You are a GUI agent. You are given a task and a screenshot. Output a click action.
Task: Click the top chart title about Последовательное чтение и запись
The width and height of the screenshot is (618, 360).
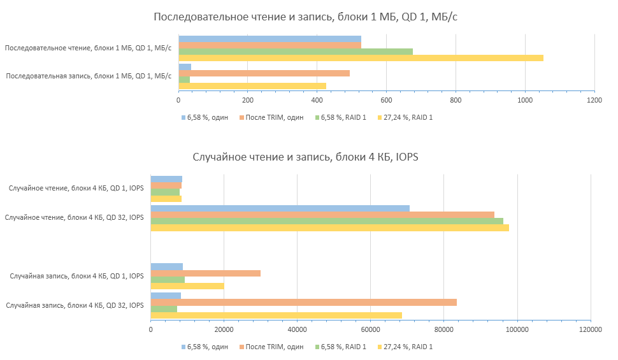(x=305, y=17)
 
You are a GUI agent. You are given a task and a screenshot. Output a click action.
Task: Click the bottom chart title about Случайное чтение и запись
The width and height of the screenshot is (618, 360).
(x=305, y=157)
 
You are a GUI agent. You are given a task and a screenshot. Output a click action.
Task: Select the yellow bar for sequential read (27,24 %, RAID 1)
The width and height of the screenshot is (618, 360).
(x=361, y=58)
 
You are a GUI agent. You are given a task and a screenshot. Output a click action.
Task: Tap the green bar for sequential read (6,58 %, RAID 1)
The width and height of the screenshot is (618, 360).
(x=295, y=51)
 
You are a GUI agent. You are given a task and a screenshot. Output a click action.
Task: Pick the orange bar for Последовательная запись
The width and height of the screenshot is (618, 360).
(x=264, y=73)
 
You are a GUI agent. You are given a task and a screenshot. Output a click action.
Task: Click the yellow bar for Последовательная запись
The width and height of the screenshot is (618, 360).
(x=252, y=86)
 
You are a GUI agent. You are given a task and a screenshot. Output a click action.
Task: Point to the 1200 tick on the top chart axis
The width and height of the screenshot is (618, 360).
(x=594, y=101)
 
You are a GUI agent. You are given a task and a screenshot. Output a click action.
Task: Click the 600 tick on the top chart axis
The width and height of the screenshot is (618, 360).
(x=386, y=101)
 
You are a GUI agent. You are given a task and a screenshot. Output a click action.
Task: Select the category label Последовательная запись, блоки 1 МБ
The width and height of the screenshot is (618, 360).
(x=89, y=76)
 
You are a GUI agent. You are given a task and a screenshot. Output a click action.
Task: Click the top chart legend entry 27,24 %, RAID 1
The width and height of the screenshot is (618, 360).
(x=407, y=117)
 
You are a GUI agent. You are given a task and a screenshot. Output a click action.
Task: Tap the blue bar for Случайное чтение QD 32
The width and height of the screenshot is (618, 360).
(x=280, y=208)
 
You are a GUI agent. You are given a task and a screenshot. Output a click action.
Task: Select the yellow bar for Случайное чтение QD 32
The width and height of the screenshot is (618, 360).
(x=329, y=227)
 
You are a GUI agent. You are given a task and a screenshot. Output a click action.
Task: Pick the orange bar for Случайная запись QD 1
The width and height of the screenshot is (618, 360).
(x=205, y=273)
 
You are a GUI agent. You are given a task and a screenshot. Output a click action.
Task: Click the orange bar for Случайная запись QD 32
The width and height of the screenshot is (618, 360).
(x=303, y=302)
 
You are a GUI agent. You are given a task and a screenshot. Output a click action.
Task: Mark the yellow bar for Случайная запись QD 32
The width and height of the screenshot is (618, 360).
(x=276, y=315)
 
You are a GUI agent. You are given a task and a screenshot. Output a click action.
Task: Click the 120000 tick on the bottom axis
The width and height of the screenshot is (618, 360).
(x=590, y=329)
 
